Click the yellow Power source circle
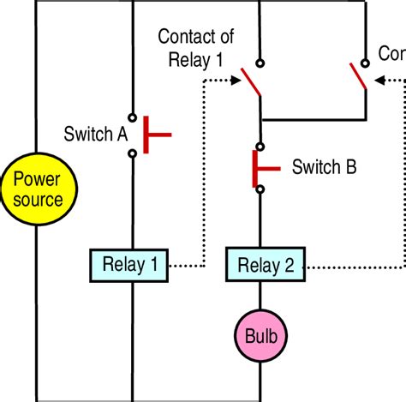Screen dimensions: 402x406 (x=36, y=190)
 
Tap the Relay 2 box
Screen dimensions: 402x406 (x=265, y=265)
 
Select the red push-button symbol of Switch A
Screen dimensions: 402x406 (x=154, y=134)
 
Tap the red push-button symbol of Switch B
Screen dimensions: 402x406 (x=254, y=166)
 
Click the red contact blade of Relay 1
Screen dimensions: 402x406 (x=249, y=81)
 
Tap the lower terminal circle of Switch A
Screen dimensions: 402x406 (x=132, y=153)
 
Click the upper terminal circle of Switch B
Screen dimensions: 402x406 (x=260, y=147)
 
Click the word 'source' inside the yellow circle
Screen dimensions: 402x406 (x=36, y=201)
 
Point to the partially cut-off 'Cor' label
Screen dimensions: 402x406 (x=391, y=53)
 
